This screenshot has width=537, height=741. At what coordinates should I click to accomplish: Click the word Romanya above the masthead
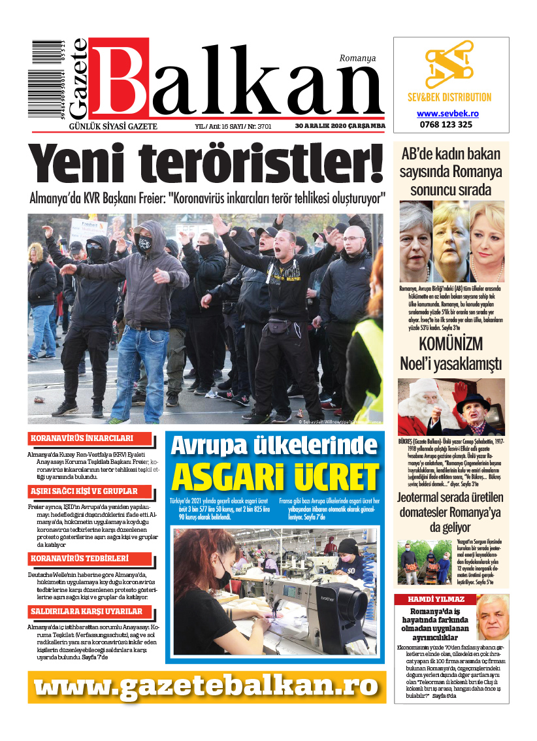pyautogui.click(x=357, y=58)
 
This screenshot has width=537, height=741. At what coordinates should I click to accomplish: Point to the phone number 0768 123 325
pyautogui.click(x=451, y=124)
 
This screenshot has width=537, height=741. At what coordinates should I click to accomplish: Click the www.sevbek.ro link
pyautogui.click(x=451, y=113)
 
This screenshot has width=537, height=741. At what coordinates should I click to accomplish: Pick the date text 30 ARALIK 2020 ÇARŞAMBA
pyautogui.click(x=340, y=126)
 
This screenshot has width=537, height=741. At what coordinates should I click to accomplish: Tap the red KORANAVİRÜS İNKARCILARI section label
pyautogui.click(x=90, y=438)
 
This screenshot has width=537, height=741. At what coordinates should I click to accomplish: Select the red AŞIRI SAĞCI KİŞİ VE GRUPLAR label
pyautogui.click(x=90, y=491)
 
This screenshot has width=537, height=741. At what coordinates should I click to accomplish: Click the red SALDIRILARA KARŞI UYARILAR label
pyautogui.click(x=90, y=612)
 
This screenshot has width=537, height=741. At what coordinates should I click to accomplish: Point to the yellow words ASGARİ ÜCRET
pyautogui.click(x=274, y=478)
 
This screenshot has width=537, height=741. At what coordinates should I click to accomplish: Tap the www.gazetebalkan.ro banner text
pyautogui.click(x=206, y=687)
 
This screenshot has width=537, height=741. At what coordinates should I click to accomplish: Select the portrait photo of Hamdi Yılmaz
pyautogui.click(x=493, y=618)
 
